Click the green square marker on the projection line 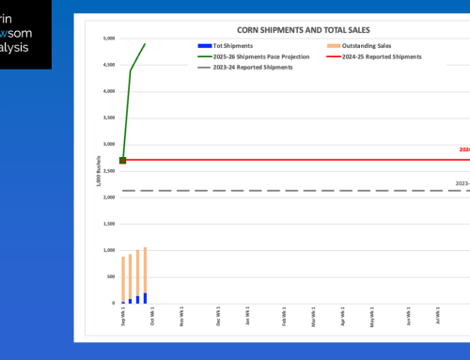coord(123,161)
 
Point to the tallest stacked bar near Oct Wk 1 coord(145,274)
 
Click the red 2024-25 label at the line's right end coord(464,149)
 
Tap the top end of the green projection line coord(145,43)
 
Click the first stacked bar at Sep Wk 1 coord(123,279)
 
